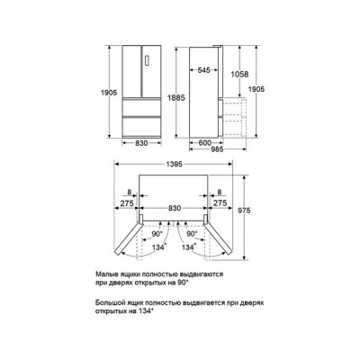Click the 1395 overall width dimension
point(174,164)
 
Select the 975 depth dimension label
point(244,211)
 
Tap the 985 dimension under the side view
point(217,149)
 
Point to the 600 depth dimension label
point(205,143)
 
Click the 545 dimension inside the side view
point(204,70)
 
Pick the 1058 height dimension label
point(239,74)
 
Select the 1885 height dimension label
point(176,97)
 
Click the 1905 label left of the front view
point(109,93)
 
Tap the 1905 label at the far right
point(256,89)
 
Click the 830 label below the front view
point(141,143)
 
